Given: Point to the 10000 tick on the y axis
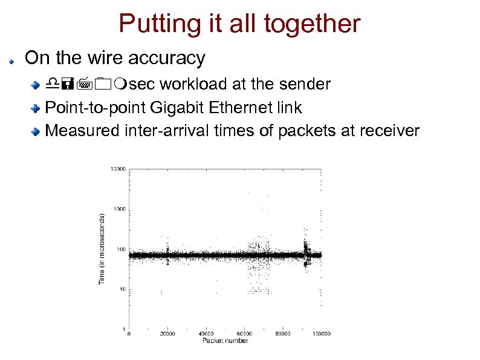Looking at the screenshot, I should coord(117,169).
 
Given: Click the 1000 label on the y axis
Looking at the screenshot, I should coord(118,209).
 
